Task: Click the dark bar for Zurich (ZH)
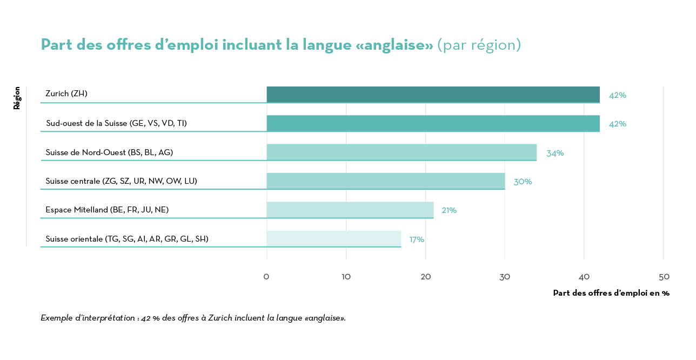click(x=433, y=94)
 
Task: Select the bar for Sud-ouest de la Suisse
click(x=433, y=123)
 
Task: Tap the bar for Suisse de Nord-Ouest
click(x=401, y=152)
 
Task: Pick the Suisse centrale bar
click(x=386, y=181)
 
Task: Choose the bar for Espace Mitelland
click(x=350, y=210)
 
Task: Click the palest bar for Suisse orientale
click(x=334, y=238)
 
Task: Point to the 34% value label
click(x=555, y=153)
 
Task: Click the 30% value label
click(x=523, y=182)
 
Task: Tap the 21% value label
click(x=449, y=210)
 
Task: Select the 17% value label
click(x=417, y=239)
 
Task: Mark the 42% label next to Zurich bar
click(x=618, y=95)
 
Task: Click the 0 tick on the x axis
click(x=266, y=277)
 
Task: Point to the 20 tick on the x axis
click(x=426, y=277)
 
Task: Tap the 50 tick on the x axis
click(x=664, y=277)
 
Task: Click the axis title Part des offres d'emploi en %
click(x=611, y=293)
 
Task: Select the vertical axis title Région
click(x=17, y=98)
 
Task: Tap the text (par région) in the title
click(x=479, y=45)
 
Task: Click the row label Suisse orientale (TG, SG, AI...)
click(x=127, y=238)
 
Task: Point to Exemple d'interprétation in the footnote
click(x=88, y=318)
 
